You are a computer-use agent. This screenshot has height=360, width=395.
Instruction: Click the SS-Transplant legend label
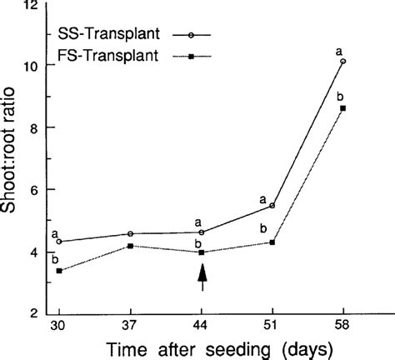point(110,35)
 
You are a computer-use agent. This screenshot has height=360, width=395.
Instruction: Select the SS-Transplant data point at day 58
point(343,62)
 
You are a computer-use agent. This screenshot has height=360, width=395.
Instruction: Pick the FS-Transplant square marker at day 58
point(343,108)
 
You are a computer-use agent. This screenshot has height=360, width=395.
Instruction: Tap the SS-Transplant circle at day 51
point(272,205)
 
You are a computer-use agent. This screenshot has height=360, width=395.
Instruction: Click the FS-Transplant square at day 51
point(272,242)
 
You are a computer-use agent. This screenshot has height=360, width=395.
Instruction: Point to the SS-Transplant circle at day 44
point(201,232)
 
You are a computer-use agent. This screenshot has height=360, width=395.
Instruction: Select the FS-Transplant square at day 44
point(201,252)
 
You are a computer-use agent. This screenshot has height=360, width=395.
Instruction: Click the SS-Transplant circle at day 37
point(130,234)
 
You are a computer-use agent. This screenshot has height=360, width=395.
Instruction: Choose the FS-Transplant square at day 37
point(130,246)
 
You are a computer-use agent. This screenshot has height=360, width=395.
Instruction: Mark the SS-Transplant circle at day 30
point(59,242)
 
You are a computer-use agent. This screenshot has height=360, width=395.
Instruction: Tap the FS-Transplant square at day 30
point(59,271)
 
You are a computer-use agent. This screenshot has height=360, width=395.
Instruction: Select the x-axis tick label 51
point(272,324)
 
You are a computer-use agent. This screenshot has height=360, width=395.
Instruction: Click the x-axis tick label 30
point(59,324)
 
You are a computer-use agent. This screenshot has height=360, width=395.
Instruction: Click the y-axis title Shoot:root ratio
point(12,159)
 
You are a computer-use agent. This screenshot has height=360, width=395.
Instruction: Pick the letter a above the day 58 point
point(339,50)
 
